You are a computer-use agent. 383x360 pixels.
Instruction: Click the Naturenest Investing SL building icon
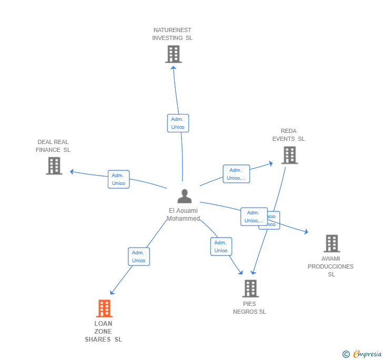coord(173,54)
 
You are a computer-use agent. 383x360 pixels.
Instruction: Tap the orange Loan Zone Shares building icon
coord(105,308)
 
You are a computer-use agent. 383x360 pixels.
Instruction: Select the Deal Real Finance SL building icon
coord(54,166)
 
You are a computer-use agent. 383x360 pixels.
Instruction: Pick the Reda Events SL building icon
coord(289,155)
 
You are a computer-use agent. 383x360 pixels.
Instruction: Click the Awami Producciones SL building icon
coord(331,243)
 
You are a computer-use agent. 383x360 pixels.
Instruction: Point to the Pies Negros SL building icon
coord(250,289)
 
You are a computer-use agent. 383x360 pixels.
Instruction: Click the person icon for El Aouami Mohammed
coord(185,196)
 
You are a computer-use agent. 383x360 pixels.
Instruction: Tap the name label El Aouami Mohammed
coord(183,214)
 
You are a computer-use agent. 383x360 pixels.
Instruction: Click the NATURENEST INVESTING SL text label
coord(173,34)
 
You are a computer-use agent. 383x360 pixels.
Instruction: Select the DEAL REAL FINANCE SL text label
coord(53,146)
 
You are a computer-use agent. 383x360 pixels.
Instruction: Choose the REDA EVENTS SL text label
coord(288,135)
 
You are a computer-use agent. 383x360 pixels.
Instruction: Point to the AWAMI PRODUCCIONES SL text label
coord(331,266)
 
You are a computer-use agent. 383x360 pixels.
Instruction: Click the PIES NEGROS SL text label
coord(249,308)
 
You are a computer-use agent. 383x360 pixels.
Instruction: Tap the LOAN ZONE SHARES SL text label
coord(104,332)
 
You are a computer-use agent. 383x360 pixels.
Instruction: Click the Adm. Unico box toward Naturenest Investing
coord(178,123)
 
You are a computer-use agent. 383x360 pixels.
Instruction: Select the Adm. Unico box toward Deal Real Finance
coord(118,179)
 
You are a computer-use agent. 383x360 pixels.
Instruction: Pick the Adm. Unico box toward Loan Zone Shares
coord(139,256)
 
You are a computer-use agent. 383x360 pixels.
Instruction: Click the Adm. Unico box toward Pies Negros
coord(221,246)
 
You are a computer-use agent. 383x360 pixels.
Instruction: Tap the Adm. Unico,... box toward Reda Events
coord(236,174)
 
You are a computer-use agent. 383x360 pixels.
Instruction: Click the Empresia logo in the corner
coord(362,354)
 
